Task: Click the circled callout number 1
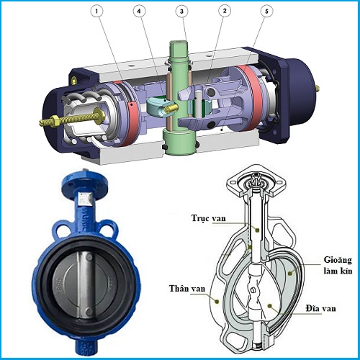point(96,11)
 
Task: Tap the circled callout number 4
point(139,11)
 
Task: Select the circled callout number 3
point(181,11)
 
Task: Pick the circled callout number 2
point(225,11)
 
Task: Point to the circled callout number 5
point(266,11)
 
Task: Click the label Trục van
point(209,218)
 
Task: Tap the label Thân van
point(187,288)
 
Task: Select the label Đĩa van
point(320,308)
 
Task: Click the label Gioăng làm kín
point(338,265)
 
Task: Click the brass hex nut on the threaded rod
point(54,120)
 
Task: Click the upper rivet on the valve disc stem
point(89,258)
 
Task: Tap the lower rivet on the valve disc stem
point(89,311)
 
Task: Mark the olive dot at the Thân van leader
point(217,301)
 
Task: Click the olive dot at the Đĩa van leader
point(270,305)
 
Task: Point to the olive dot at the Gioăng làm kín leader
point(290,273)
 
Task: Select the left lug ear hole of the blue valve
point(61,230)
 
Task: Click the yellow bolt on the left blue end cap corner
point(75,80)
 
